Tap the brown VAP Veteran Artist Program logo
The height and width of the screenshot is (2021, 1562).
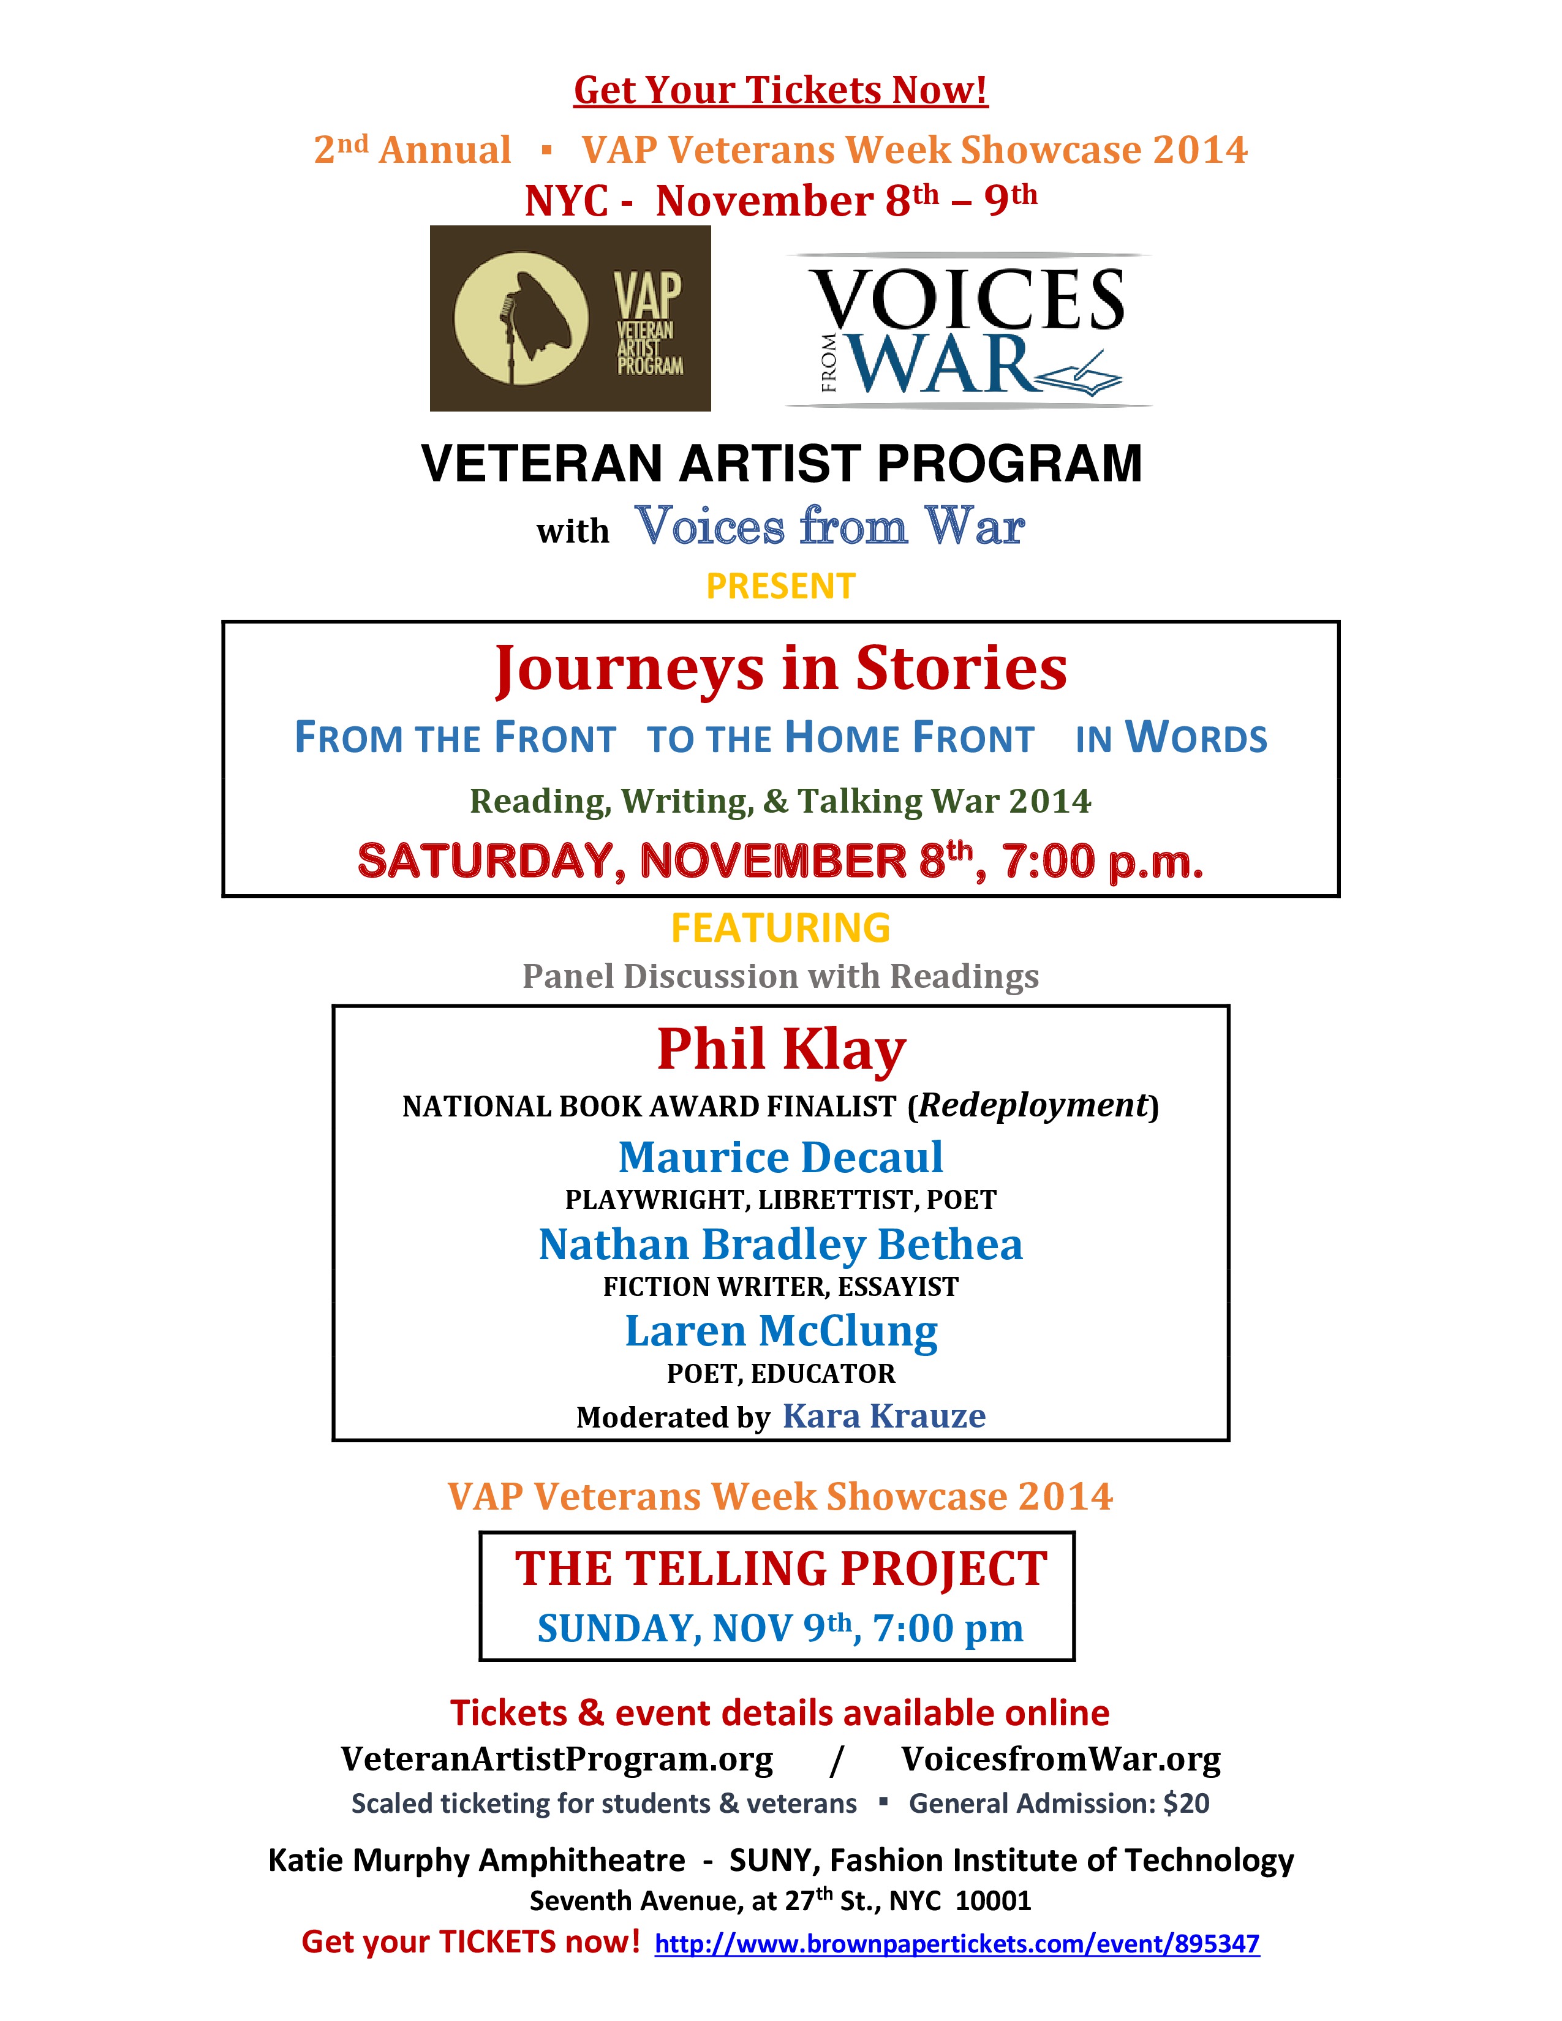coord(570,318)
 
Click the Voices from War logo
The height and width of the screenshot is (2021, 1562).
coord(969,330)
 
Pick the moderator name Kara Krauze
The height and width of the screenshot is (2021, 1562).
coord(884,1416)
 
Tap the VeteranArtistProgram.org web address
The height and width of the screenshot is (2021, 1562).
coord(556,1759)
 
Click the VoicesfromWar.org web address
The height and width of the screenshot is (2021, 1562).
coord(1060,1759)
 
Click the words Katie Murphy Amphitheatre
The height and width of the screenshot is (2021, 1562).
coord(477,1860)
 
